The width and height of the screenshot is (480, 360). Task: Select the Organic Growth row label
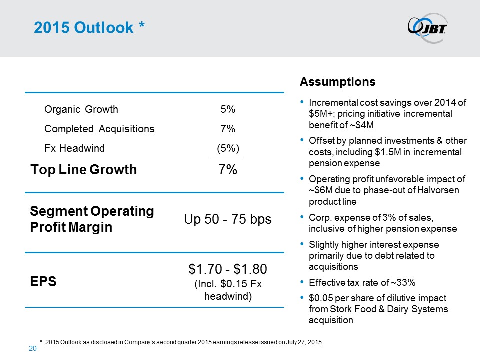[x=81, y=109]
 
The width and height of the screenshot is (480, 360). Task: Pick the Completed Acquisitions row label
[x=99, y=129]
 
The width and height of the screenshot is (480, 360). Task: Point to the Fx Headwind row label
[x=74, y=148]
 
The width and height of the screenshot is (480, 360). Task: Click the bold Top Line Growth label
[x=83, y=170]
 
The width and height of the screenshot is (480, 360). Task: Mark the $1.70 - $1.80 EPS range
[x=228, y=270]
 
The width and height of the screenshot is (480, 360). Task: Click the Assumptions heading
[x=337, y=81]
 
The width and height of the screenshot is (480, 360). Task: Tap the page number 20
[x=31, y=349]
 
